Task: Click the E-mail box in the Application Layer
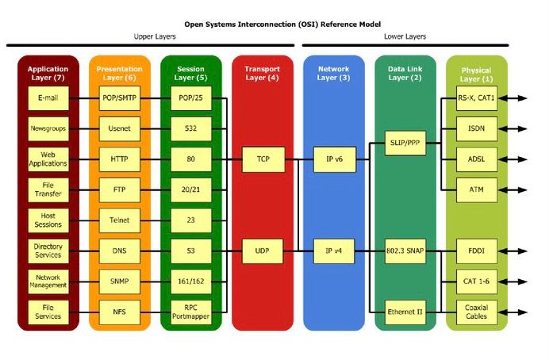click(48, 98)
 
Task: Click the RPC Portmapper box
click(191, 312)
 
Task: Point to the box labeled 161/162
click(191, 281)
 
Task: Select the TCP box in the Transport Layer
click(263, 159)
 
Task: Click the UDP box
click(263, 251)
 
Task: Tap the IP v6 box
click(333, 159)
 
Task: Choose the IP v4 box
click(333, 251)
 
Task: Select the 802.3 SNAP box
click(405, 251)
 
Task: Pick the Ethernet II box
click(405, 312)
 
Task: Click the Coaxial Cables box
click(476, 312)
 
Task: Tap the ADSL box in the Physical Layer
click(476, 159)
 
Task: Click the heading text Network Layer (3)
click(333, 74)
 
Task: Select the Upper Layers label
click(154, 36)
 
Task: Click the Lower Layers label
click(405, 36)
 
